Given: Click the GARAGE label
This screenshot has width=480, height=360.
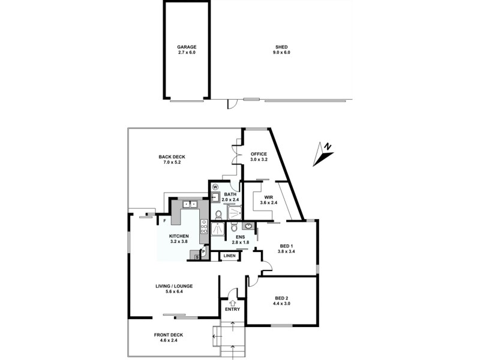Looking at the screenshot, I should (186, 46).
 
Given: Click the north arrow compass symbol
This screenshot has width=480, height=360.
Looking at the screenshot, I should (324, 154).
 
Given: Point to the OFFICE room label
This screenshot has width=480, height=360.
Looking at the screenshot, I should (259, 154).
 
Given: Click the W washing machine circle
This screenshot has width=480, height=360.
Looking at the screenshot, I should (214, 185).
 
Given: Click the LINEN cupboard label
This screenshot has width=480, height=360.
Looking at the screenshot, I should (229, 256).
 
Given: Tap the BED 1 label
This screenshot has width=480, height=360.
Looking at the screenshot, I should (287, 245).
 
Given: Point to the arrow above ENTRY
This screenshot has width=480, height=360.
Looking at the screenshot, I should (232, 302).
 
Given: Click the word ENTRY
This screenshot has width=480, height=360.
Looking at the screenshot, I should (232, 310).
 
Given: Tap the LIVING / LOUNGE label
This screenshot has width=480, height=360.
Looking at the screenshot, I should (175, 286).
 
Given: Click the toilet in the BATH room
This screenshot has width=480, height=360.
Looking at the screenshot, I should (218, 214).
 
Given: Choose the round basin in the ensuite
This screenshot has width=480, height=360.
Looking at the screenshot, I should (247, 227).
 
